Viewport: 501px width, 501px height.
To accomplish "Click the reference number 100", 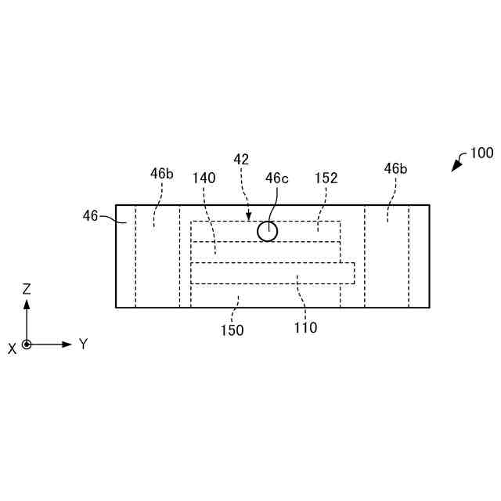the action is coord(481,153).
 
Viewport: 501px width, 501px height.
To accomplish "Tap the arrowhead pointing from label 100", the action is coord(455,168).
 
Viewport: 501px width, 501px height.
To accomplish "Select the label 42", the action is coord(241,159).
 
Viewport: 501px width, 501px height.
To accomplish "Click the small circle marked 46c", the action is coord(268,231).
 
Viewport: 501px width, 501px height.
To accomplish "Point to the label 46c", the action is coord(276,178).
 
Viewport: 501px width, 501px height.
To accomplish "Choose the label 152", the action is coord(326,178).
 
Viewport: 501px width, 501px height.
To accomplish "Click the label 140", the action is coord(204,178).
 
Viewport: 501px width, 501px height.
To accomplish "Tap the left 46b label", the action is coord(162,174).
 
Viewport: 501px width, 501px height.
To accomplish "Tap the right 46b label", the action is coord(395,168).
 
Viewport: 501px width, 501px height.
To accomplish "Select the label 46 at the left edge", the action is coord(91,214).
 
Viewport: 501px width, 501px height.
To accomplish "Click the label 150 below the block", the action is coord(232,330).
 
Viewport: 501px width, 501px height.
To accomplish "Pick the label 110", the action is coord(305,328).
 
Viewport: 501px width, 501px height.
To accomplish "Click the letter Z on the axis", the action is coord(27,289).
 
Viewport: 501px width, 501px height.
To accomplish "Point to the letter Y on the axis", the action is coord(83,344).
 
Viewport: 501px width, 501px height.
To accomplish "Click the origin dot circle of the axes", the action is coord(27,344).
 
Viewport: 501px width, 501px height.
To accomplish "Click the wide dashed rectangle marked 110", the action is coord(272,272).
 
